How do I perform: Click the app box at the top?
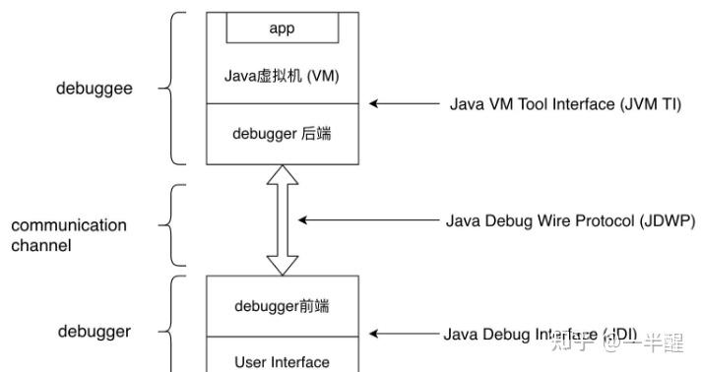(x=282, y=29)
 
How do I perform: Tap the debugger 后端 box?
(x=282, y=133)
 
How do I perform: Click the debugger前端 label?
(x=282, y=306)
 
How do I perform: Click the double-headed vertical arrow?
(x=283, y=220)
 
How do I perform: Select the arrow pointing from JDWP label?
(x=365, y=220)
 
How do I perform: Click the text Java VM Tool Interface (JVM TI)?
(x=565, y=103)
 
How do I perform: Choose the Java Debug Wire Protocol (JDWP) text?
(x=570, y=220)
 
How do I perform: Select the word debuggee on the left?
(x=94, y=88)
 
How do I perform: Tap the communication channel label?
(x=69, y=235)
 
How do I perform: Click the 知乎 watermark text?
(x=571, y=343)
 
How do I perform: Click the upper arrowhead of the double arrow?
(x=283, y=175)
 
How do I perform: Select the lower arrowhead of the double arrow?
(x=283, y=265)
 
